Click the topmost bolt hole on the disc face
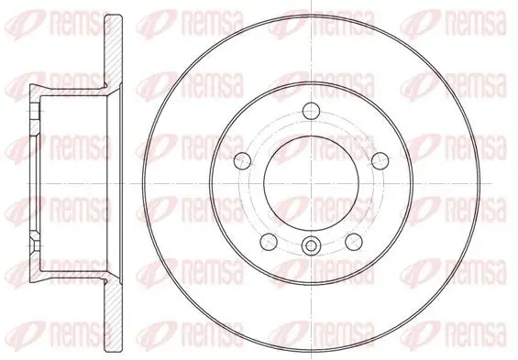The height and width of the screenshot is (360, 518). tap(312, 111)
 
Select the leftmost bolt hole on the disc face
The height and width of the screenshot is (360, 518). tap(242, 160)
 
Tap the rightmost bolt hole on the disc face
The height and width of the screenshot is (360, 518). tap(380, 160)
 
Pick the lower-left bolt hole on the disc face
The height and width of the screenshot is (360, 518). tap(269, 242)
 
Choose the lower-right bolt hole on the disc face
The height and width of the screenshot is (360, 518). tap(354, 242)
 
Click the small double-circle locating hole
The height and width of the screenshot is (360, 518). tap(311, 245)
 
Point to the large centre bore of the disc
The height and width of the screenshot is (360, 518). tap(311, 183)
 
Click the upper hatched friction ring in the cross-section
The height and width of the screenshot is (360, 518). tap(114, 49)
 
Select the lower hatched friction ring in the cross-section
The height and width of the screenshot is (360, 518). tap(114, 316)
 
